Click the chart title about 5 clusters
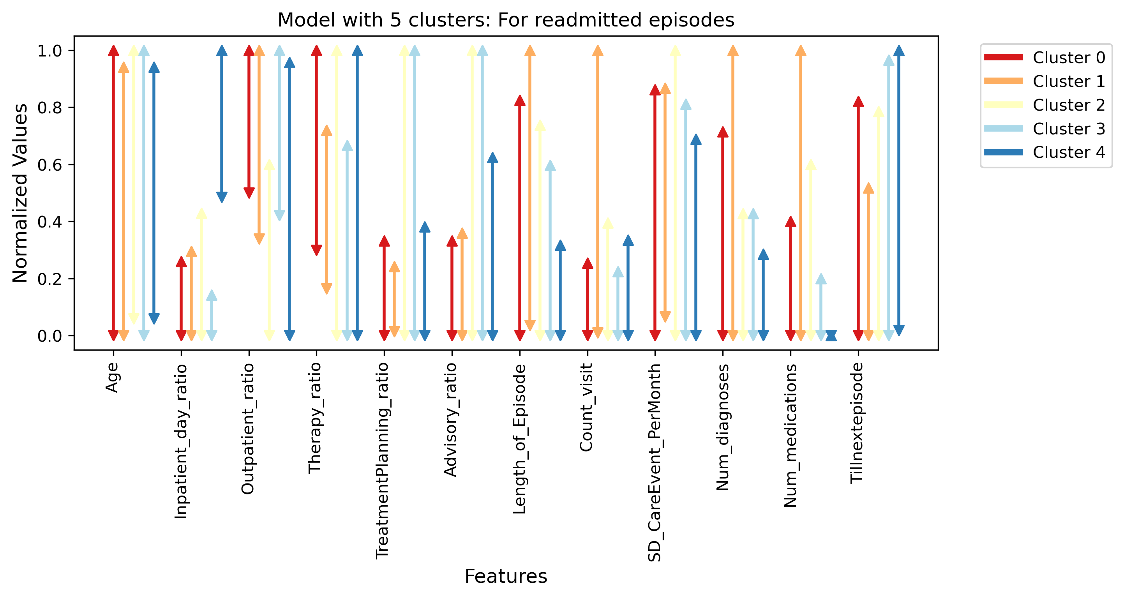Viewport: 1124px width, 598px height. (x=506, y=20)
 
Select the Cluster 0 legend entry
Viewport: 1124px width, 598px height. (x=1045, y=57)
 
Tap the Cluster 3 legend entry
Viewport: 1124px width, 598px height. (x=1045, y=129)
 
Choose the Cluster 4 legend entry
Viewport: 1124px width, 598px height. (x=1045, y=152)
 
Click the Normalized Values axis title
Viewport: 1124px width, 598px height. (x=20, y=193)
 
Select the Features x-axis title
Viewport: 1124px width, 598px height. (x=506, y=576)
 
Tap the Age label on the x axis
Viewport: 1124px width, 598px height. (x=112, y=378)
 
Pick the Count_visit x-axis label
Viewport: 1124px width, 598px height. (x=586, y=407)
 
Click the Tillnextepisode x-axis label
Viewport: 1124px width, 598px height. (x=857, y=423)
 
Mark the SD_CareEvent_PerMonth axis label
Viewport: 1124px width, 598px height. (x=655, y=462)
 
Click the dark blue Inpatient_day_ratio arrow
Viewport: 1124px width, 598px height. (x=222, y=124)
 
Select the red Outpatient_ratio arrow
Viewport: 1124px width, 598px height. (x=249, y=122)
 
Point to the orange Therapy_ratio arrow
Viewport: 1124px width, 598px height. (x=326, y=210)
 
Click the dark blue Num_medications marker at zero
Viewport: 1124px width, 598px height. (x=831, y=335)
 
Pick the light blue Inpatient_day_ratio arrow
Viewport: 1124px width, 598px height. (x=212, y=315)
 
